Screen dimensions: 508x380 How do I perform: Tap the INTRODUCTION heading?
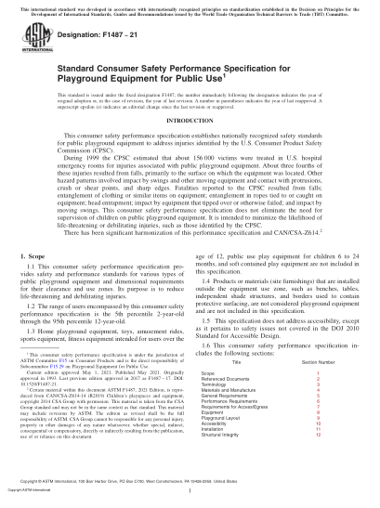coord(190,146)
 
